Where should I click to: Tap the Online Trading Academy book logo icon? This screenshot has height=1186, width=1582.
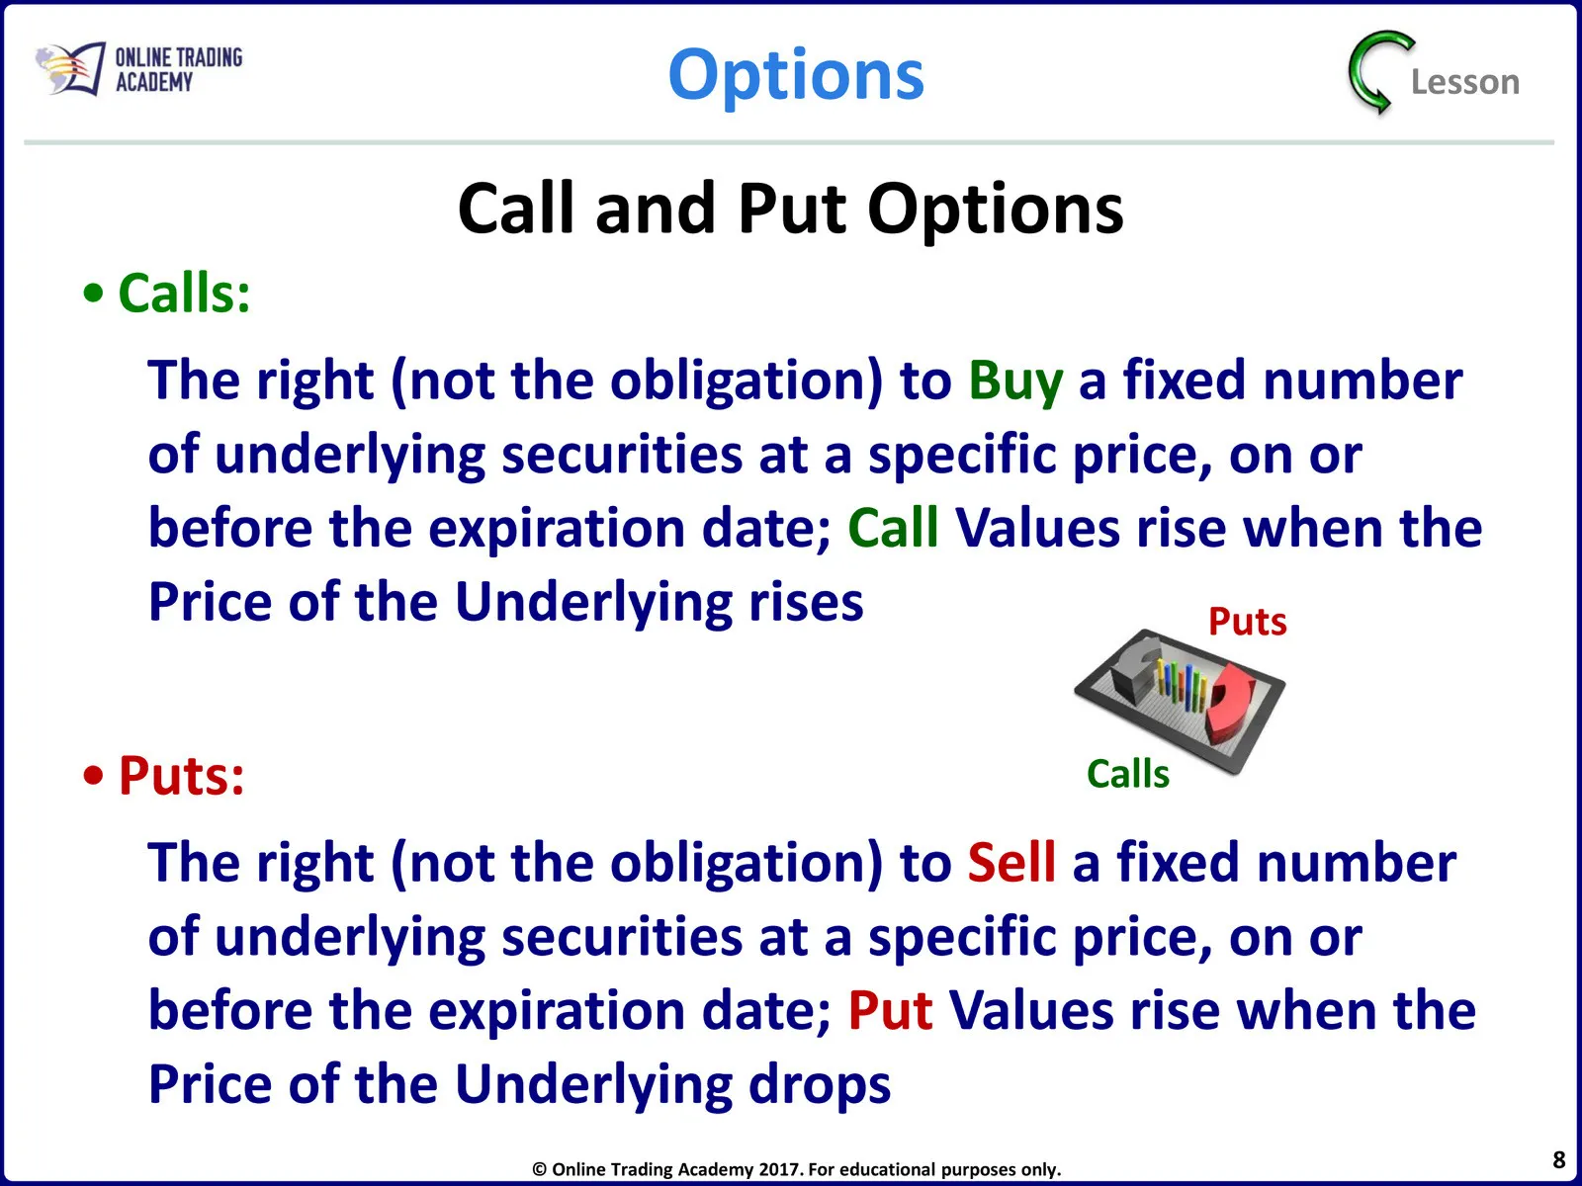pyautogui.click(x=70, y=68)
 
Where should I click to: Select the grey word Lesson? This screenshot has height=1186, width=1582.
pyautogui.click(x=1465, y=82)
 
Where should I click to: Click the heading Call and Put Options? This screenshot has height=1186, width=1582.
pyautogui.click(x=791, y=209)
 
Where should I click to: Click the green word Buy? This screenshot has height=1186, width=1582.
pyautogui.click(x=1015, y=381)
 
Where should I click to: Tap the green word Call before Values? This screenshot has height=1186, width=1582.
pyautogui.click(x=893, y=528)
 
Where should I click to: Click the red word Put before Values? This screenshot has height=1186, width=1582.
pyautogui.click(x=890, y=1010)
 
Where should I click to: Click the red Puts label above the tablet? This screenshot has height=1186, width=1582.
pyautogui.click(x=1247, y=622)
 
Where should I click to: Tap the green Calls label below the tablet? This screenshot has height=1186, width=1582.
pyautogui.click(x=1128, y=774)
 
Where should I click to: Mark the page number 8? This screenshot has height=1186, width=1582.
pyautogui.click(x=1559, y=1159)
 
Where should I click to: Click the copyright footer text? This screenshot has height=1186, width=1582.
pyautogui.click(x=796, y=1169)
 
